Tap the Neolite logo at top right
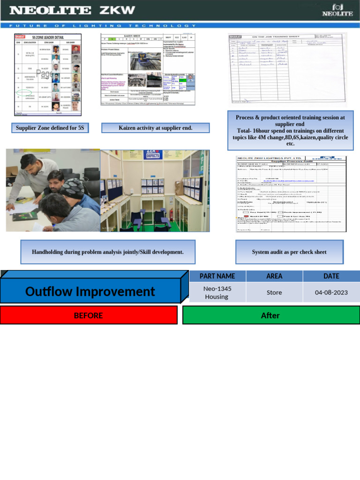(x=337, y=10)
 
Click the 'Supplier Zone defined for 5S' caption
(x=50, y=127)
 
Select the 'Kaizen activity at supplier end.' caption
(x=155, y=127)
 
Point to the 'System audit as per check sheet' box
(x=289, y=252)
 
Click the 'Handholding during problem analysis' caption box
(x=107, y=252)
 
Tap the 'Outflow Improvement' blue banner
(x=90, y=292)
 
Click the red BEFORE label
(x=89, y=315)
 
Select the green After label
(x=270, y=315)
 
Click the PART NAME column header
(x=217, y=276)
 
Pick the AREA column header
(x=274, y=276)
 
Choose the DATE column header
(x=331, y=276)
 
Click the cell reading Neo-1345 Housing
(x=217, y=292)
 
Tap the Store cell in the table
(x=274, y=292)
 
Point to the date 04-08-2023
(x=331, y=292)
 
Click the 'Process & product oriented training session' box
(x=290, y=130)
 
